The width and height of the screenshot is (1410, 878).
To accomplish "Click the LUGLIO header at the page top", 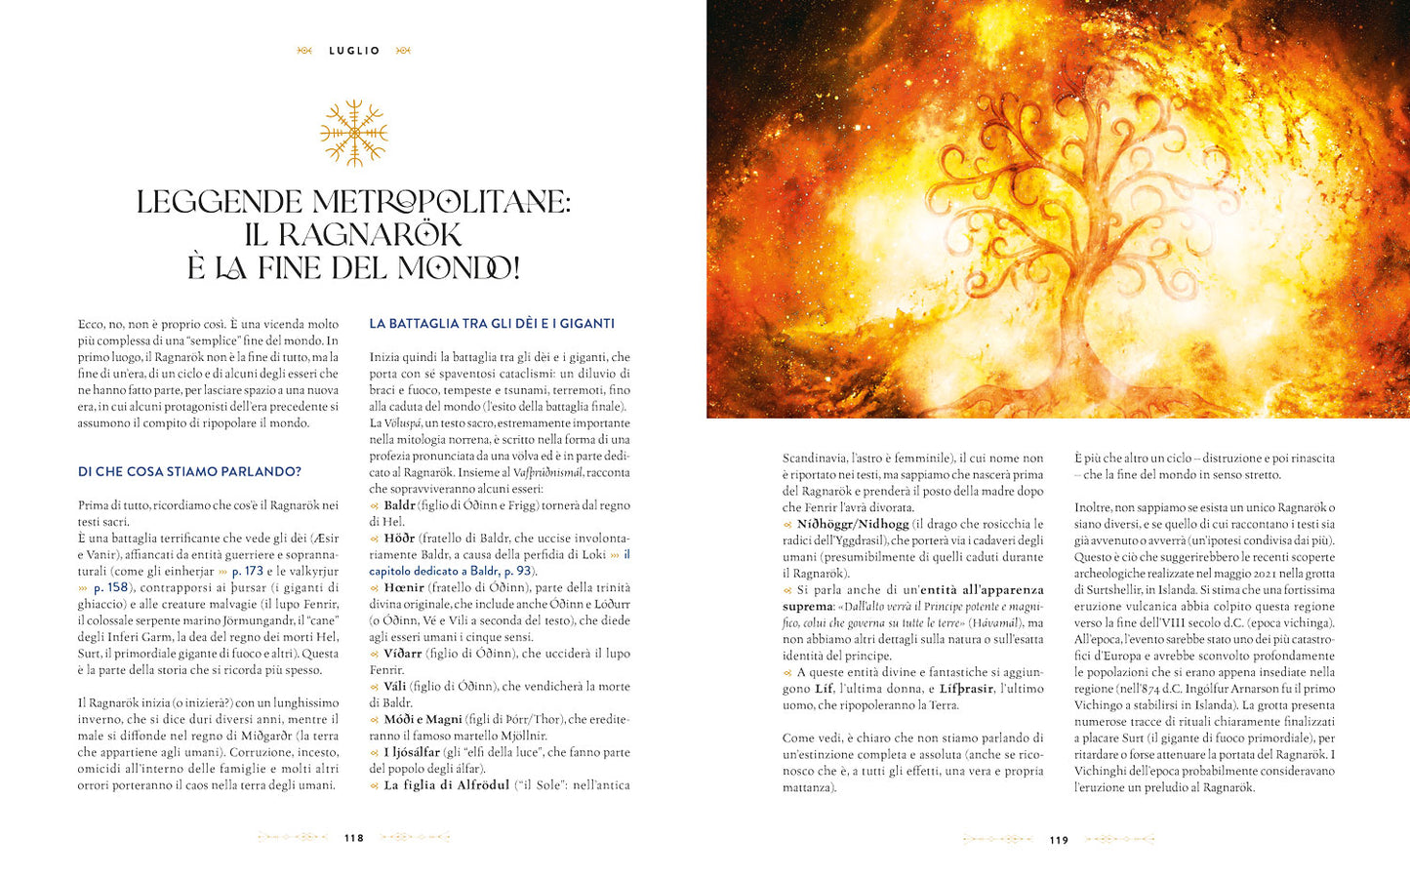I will (354, 51).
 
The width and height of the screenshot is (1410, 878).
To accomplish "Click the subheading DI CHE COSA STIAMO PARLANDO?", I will (189, 472).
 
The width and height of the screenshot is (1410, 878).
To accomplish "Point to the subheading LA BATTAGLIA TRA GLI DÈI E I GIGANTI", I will (492, 324).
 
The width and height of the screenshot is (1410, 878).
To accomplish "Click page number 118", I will (353, 838).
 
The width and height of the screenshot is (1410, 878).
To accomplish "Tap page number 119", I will (1059, 840).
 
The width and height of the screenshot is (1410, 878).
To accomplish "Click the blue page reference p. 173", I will (247, 571).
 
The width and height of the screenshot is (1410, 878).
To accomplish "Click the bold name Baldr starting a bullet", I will (399, 505).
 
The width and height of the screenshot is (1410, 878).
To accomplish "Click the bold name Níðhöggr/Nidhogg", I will (852, 524).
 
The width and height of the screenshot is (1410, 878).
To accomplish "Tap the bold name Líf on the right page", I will (824, 689).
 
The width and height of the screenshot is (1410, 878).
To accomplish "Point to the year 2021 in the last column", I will (1251, 574).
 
